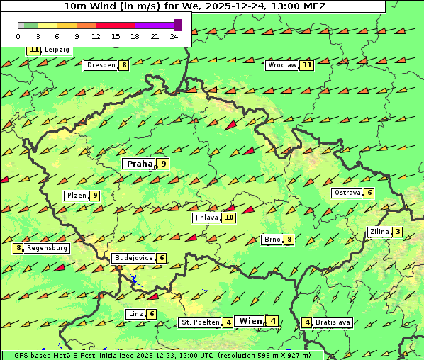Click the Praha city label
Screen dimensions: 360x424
point(139,164)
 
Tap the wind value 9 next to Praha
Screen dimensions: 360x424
point(164,164)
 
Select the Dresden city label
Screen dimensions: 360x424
point(100,65)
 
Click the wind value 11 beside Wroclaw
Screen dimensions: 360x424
point(306,65)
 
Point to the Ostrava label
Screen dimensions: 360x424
point(347,193)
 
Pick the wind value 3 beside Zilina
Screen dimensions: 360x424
point(398,232)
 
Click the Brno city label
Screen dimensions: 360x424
point(272,240)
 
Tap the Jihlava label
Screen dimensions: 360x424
point(206,218)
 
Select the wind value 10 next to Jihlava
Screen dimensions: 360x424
point(228,218)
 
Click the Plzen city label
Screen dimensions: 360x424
point(76,196)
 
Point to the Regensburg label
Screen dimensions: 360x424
point(48,248)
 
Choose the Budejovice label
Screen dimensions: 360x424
point(133,258)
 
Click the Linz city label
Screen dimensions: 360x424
point(135,314)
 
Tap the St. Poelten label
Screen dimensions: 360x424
point(200,322)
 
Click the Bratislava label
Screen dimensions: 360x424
point(333,322)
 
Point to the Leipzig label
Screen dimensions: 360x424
point(57,50)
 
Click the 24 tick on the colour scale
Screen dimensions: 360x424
point(174,36)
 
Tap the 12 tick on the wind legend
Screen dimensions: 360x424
point(96,36)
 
